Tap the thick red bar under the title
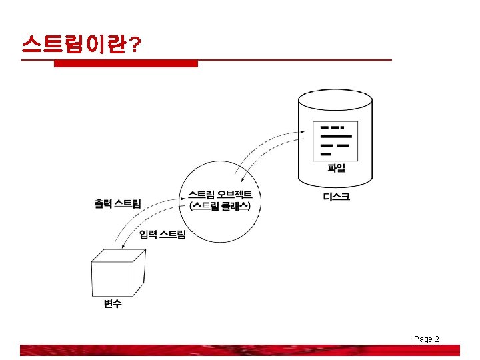(125, 64)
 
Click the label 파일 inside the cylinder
(337, 168)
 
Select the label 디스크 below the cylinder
(336, 197)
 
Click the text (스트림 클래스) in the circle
(220, 206)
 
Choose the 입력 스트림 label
(163, 234)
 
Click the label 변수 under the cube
(113, 304)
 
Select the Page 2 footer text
(426, 339)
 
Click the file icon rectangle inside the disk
(335, 141)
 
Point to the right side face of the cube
(138, 271)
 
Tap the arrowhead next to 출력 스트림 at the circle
(182, 197)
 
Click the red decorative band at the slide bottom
(240, 350)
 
